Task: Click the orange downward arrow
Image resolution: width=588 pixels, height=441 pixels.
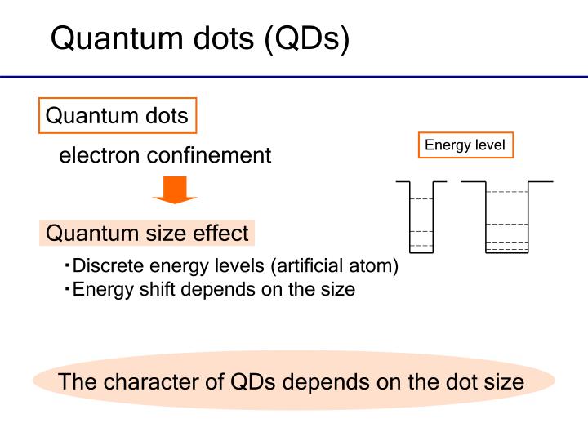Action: (175, 190)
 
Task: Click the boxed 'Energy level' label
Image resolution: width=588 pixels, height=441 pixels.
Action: (465, 145)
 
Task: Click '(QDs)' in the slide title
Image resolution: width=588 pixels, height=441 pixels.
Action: (307, 38)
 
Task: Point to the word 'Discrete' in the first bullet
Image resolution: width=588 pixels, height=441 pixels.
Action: (104, 267)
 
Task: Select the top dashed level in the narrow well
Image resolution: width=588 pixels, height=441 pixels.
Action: (421, 199)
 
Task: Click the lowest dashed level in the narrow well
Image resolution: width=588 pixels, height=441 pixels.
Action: (421, 245)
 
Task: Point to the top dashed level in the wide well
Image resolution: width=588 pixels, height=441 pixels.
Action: (506, 192)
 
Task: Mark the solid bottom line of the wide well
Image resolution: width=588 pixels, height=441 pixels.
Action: (506, 253)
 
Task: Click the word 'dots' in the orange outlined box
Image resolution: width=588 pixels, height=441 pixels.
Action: (167, 116)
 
